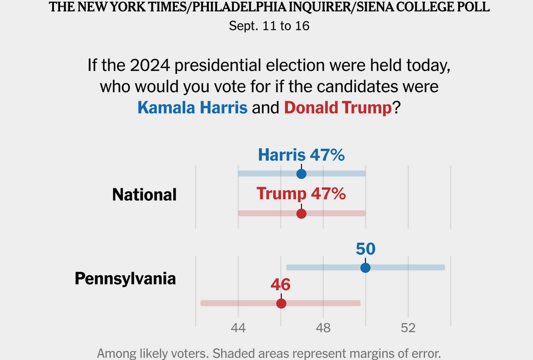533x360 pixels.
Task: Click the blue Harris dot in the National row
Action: (x=301, y=174)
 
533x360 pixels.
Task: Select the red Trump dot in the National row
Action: (x=301, y=213)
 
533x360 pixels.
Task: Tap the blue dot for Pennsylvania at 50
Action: (x=365, y=267)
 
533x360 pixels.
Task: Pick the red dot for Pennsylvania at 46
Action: (x=281, y=303)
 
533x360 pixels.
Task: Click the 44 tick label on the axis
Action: (x=238, y=328)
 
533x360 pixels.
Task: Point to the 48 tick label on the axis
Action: (x=323, y=328)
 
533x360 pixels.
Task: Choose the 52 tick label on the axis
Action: (x=408, y=328)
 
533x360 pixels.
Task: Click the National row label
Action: (x=144, y=194)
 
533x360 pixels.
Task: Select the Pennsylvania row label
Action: (x=125, y=278)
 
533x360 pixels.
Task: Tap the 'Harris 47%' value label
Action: (x=301, y=155)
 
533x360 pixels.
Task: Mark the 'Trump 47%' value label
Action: (x=301, y=194)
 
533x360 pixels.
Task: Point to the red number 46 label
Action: (x=281, y=285)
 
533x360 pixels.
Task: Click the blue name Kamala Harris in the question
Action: (x=192, y=107)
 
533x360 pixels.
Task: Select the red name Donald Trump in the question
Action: (x=338, y=107)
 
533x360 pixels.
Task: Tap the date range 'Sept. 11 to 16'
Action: (x=269, y=26)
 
